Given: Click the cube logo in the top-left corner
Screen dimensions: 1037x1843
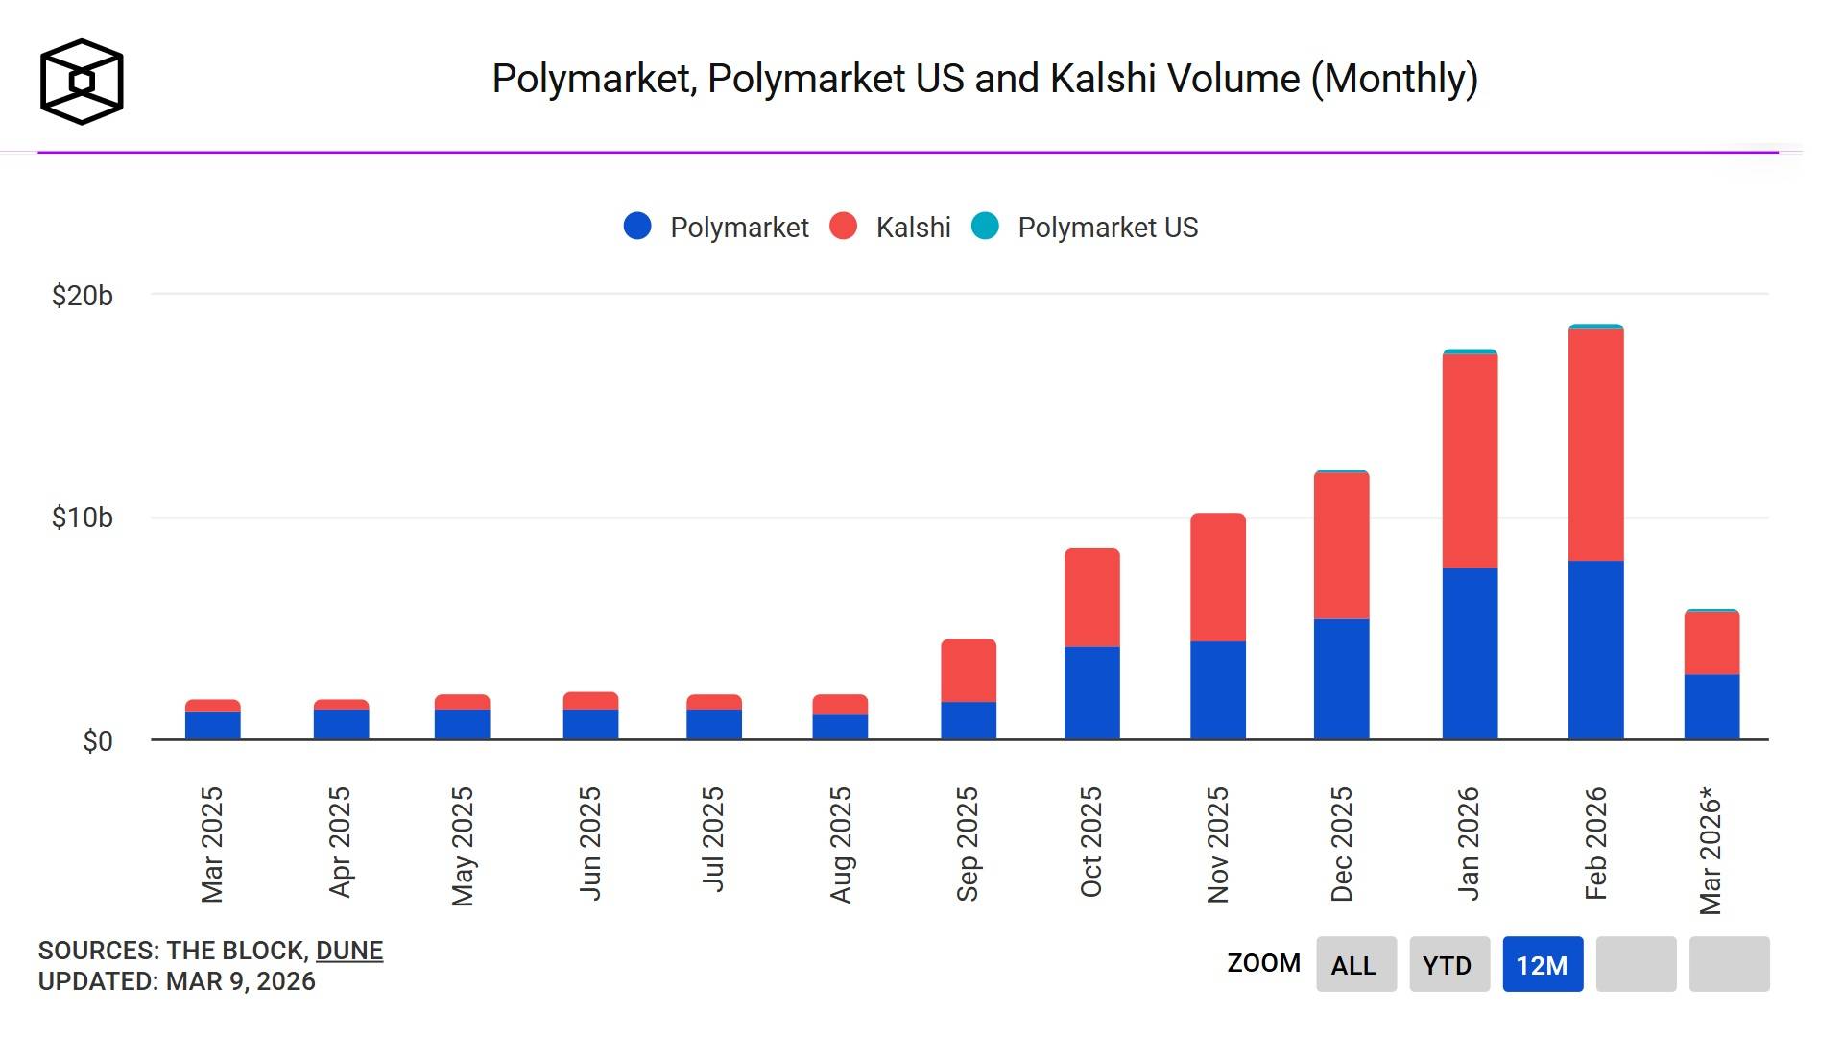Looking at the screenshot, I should (82, 82).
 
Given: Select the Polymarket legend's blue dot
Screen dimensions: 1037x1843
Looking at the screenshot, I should (637, 227).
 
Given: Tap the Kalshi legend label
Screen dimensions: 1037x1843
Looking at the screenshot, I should (913, 228).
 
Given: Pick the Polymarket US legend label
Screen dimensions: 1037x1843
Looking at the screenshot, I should (1108, 228).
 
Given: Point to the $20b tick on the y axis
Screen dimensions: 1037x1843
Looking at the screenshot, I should (83, 296).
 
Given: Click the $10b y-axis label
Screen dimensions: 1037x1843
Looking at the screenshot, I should (83, 518).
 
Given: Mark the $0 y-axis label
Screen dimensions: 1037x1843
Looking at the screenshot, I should (97, 741).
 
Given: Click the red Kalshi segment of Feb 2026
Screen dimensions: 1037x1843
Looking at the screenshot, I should (1595, 445).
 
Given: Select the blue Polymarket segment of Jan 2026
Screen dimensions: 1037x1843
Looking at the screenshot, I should (1470, 653).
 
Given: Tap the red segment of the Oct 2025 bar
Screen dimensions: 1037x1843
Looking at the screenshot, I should (1091, 597).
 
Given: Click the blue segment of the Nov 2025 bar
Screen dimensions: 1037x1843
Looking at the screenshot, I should (1217, 689).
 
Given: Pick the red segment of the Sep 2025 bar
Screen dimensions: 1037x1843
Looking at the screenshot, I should (968, 670).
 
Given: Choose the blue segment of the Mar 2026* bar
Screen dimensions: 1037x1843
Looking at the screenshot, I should (1711, 707).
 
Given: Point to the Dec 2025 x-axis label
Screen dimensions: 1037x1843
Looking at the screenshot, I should (1342, 844).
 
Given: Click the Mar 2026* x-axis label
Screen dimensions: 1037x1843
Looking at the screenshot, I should (1711, 850).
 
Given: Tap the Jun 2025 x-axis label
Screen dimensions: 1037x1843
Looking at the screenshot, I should (590, 843).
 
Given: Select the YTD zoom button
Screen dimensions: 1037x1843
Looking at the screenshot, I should (1448, 965).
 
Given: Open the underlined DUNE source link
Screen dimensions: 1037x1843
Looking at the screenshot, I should (349, 951).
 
